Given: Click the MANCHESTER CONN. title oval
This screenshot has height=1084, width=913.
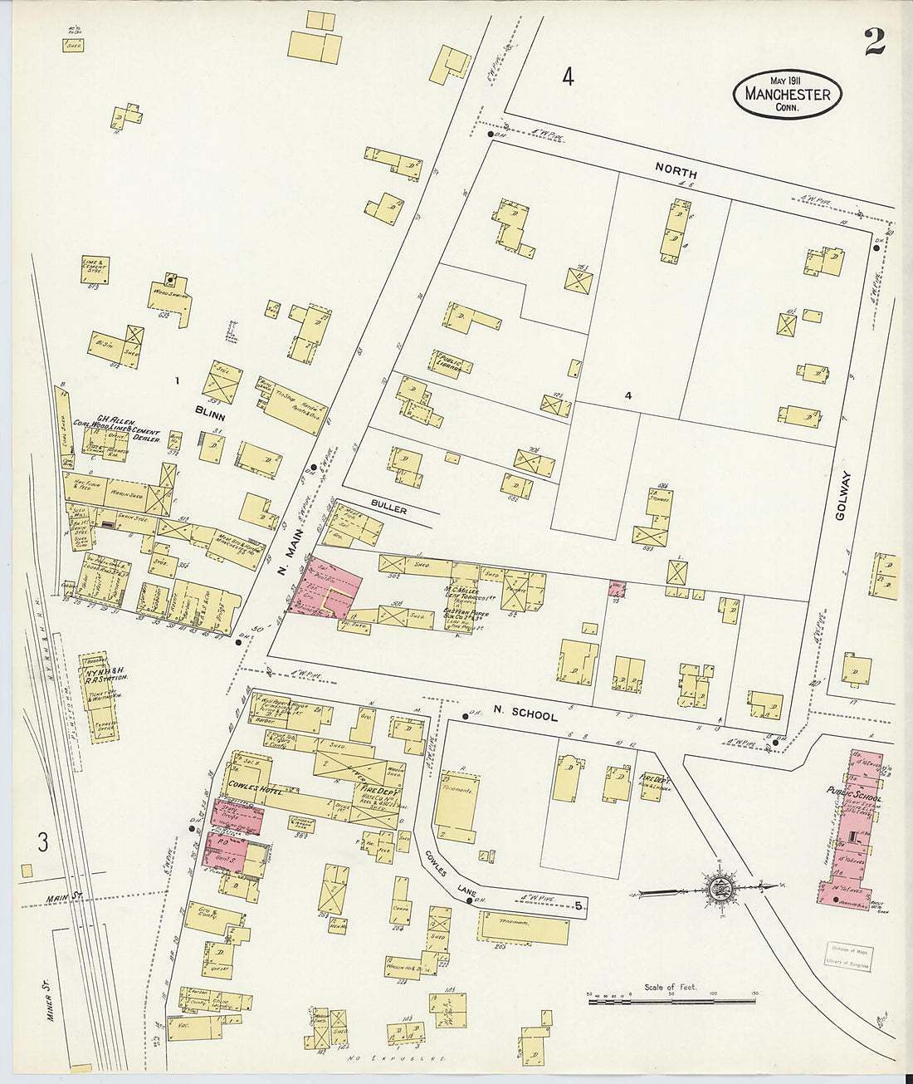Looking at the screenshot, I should [787, 94].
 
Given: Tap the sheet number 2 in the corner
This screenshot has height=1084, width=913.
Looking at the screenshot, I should [874, 42].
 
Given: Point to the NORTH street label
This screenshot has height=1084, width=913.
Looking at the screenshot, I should [676, 168].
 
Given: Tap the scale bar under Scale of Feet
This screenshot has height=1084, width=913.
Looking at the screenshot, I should [672, 1003].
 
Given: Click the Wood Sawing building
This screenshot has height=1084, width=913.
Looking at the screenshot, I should [171, 300].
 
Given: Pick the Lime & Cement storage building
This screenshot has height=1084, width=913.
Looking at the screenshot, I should [96, 269].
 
